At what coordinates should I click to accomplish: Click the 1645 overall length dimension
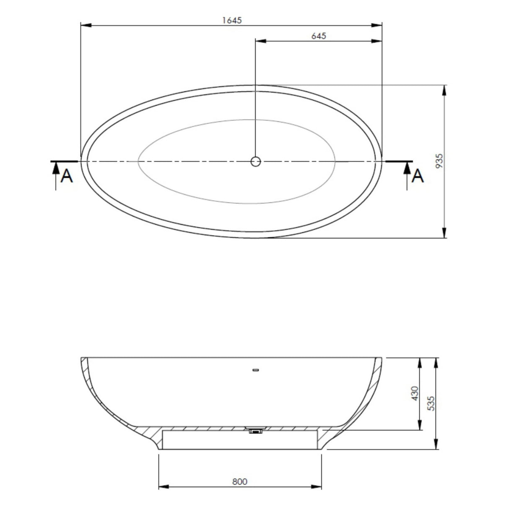[x=232, y=21]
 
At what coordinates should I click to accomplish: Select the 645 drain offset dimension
[x=319, y=36]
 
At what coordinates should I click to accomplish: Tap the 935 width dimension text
[x=439, y=161]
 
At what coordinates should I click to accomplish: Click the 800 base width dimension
[x=239, y=482]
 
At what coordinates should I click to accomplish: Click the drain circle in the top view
[x=255, y=161]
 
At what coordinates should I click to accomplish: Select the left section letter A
[x=67, y=177]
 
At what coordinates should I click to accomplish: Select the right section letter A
[x=418, y=176]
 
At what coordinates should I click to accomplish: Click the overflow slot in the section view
[x=255, y=370]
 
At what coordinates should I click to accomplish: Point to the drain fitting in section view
[x=255, y=431]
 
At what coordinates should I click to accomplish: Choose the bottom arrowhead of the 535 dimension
[x=436, y=445]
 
